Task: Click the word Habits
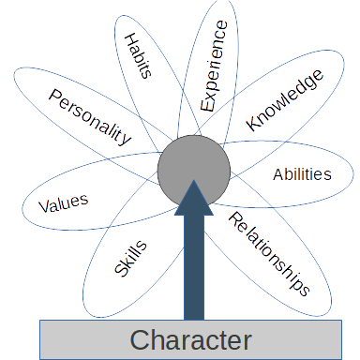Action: [x=138, y=57]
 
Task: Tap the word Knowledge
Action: [x=284, y=99]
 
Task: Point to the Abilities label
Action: [x=302, y=174]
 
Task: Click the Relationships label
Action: [x=269, y=253]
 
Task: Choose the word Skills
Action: [x=130, y=258]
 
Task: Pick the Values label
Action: [x=63, y=202]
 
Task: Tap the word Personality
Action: [x=90, y=118]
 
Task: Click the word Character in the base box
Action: [x=190, y=339]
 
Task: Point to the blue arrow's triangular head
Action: [x=194, y=194]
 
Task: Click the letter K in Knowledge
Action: [x=252, y=124]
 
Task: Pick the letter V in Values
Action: [x=42, y=207]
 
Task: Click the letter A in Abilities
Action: [x=277, y=175]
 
